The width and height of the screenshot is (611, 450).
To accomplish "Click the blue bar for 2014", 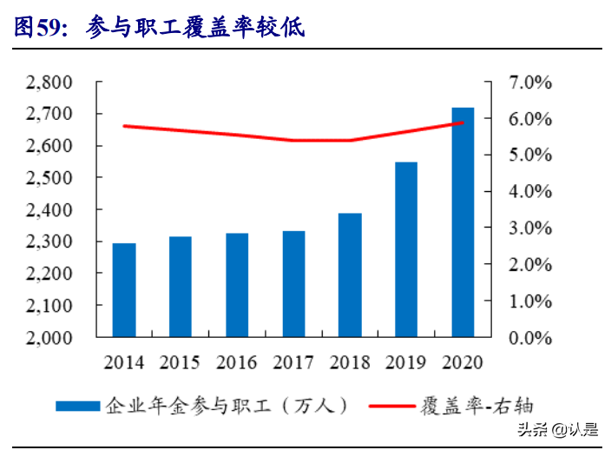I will click(x=123, y=290).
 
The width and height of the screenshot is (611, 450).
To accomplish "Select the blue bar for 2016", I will click(x=237, y=285).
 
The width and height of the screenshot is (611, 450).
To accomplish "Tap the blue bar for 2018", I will click(x=350, y=275).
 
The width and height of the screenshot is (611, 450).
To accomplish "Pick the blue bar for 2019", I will click(x=406, y=249).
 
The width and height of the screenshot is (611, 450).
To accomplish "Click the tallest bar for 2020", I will click(x=463, y=222).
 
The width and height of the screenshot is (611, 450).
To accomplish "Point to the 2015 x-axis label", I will click(x=181, y=361).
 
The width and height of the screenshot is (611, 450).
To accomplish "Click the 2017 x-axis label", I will click(x=293, y=361).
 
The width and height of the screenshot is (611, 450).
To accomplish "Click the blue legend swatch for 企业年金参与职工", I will click(x=79, y=406).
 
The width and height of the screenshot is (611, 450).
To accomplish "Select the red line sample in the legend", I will click(x=394, y=406).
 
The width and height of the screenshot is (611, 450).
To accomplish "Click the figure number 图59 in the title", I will click(x=40, y=30).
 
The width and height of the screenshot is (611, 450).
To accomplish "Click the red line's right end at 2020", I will click(x=463, y=122).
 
